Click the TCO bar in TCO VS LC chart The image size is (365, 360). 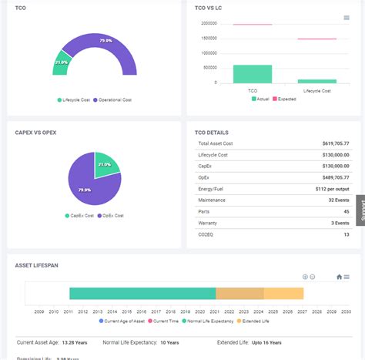[253, 73]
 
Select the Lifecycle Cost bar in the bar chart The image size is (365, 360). [316, 80]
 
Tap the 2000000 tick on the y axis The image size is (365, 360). [209, 23]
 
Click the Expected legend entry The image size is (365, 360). [286, 99]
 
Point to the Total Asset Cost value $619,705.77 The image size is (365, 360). [334, 143]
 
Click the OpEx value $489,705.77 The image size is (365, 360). [334, 177]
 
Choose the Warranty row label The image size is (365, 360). [208, 222]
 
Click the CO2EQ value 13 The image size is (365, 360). [346, 234]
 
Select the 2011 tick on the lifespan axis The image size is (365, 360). [69, 311]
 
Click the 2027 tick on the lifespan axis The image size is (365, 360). [303, 311]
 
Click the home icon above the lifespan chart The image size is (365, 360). [339, 277]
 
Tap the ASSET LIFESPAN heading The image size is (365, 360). [36, 265]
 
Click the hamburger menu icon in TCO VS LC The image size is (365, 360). [347, 18]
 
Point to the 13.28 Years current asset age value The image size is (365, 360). [67, 341]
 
